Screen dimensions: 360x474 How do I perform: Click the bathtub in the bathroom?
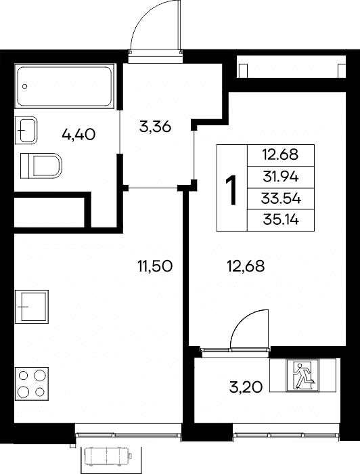(65, 86)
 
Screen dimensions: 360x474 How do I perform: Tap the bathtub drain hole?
(25, 87)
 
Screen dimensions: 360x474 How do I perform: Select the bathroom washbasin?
(26, 130)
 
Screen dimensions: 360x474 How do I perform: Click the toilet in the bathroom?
(41, 166)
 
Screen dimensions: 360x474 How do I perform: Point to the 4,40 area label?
(78, 134)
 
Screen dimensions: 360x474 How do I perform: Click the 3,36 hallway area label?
(155, 127)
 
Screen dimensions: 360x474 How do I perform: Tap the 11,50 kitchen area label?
(155, 266)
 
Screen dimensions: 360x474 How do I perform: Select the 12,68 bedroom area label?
(246, 266)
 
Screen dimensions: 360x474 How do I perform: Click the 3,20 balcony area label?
(246, 387)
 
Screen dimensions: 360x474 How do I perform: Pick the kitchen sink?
(32, 307)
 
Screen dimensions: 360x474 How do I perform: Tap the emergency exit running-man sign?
(302, 375)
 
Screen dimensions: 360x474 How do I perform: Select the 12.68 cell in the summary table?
(281, 155)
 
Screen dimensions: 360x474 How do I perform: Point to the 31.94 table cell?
(281, 177)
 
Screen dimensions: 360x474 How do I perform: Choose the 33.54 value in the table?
(281, 198)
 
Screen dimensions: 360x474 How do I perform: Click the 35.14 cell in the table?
(281, 220)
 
